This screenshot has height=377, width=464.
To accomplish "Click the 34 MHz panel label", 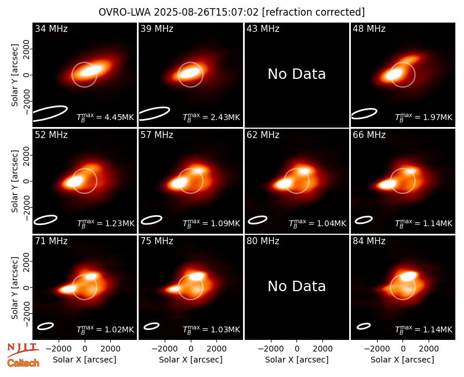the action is click(x=51, y=28).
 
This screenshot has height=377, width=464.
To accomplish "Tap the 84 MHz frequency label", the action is click(x=369, y=241).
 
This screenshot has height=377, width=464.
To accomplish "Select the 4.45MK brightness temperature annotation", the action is click(x=106, y=117).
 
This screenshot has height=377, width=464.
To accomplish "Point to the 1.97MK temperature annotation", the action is click(x=424, y=117).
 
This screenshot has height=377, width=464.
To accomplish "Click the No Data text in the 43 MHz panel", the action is click(x=297, y=74).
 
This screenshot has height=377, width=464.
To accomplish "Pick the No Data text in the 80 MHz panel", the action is click(x=297, y=286).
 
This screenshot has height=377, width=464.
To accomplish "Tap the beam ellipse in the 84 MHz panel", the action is click(x=364, y=326).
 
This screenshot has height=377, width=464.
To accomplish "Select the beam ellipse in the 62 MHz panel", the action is click(x=258, y=220).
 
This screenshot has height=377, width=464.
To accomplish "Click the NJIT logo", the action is click(x=23, y=350).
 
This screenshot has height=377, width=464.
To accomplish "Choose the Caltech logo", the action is click(x=23, y=363).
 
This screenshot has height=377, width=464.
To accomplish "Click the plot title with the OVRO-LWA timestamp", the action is click(x=231, y=12).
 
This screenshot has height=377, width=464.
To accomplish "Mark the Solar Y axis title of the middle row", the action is click(x=14, y=181).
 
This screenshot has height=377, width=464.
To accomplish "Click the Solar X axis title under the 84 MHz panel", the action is click(x=403, y=360).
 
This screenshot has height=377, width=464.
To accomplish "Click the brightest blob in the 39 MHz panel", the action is click(x=190, y=72).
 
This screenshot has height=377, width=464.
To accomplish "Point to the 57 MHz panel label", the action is click(x=157, y=135).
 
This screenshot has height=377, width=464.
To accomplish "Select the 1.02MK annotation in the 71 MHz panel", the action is click(x=106, y=329).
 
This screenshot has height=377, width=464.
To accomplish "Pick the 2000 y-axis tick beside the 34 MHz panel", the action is click(x=26, y=49).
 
